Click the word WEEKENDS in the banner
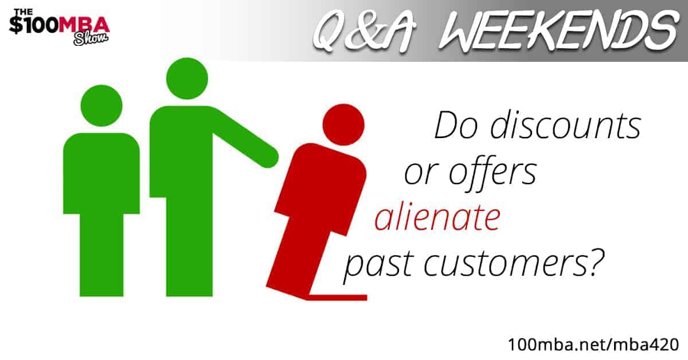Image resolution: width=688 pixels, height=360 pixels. [559, 30]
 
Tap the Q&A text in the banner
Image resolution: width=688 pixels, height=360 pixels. [364, 31]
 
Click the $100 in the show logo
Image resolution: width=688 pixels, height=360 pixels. [34, 25]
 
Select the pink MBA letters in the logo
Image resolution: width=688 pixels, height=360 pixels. [84, 25]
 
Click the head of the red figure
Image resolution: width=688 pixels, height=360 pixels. [343, 124]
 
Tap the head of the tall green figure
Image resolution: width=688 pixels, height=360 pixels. [187, 79]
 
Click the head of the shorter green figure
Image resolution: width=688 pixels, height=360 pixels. [101, 105]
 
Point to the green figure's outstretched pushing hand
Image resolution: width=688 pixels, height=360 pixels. [267, 156]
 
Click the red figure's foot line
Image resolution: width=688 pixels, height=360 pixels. [338, 298]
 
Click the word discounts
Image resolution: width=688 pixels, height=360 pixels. [565, 124]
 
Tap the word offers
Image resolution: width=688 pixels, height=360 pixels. [492, 172]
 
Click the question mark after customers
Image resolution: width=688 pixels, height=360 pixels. [595, 261]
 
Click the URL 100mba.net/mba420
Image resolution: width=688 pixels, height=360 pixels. [593, 345]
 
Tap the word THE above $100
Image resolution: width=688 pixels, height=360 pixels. [24, 12]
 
